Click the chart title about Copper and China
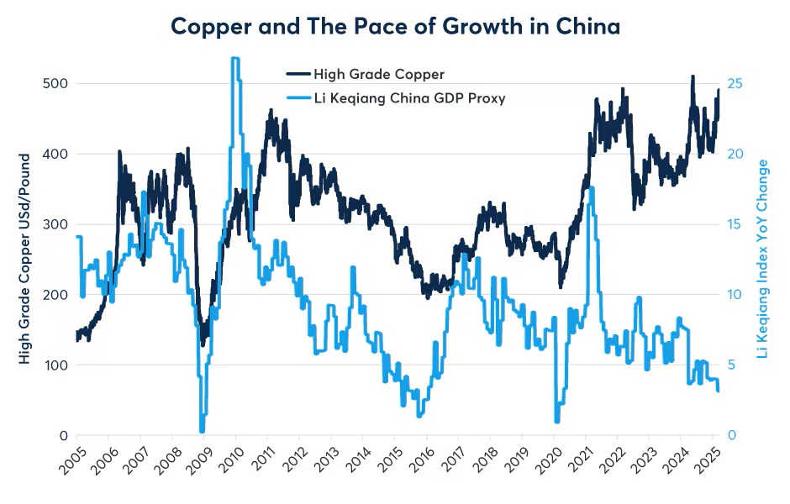pyautogui.click(x=395, y=26)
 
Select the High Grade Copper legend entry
pyautogui.click(x=378, y=75)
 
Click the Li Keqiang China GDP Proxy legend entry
pyautogui.click(x=408, y=98)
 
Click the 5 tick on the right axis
pyautogui.click(x=731, y=365)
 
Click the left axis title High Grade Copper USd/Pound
pyautogui.click(x=24, y=258)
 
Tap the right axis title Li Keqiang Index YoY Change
pyautogui.click(x=763, y=258)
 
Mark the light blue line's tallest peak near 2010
pyautogui.click(x=235, y=59)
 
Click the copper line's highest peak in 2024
pyautogui.click(x=693, y=76)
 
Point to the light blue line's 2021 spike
pyautogui.click(x=592, y=188)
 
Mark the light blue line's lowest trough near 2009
pyautogui.click(x=202, y=430)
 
